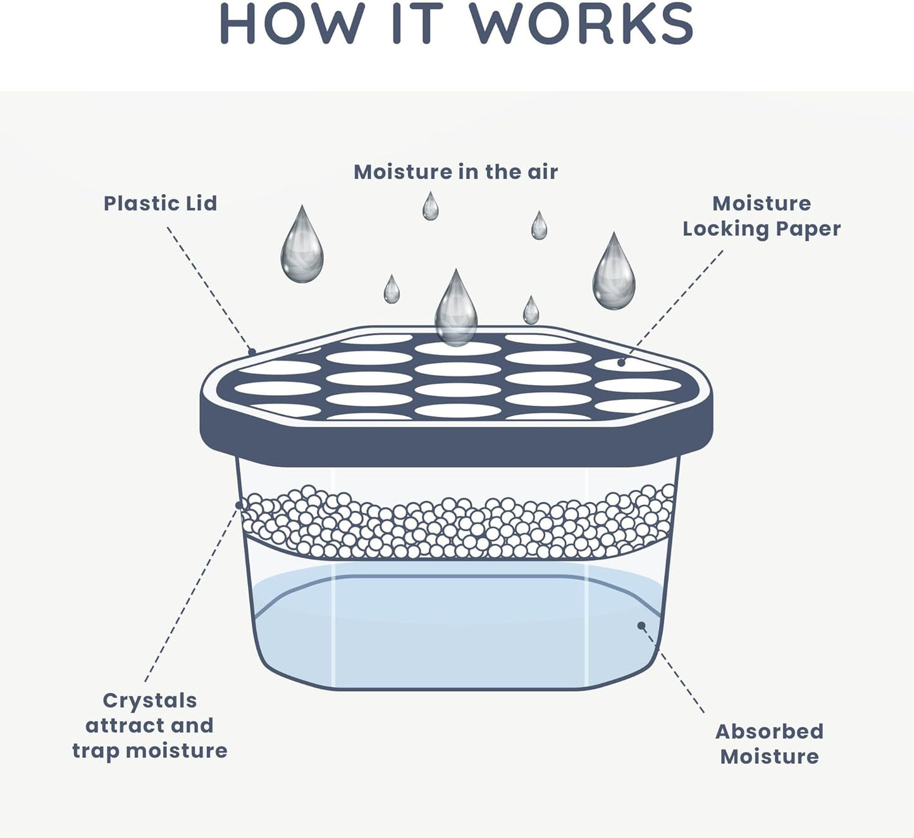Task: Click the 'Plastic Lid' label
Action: coord(160,204)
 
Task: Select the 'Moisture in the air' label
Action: coord(455,172)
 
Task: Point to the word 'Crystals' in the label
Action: coord(150,701)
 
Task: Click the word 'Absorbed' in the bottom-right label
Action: coord(769,732)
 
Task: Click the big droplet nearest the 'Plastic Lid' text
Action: coord(302,247)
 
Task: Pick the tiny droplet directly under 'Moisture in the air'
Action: coord(431,207)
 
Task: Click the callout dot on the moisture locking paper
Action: coord(621,362)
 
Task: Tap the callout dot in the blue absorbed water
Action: coord(641,625)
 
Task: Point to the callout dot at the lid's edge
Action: coord(252,352)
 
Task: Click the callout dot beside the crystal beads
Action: coord(239,505)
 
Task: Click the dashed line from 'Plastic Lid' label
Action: coord(209,288)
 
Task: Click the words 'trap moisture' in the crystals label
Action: coord(150,751)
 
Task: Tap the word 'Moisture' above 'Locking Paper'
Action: coord(761,204)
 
